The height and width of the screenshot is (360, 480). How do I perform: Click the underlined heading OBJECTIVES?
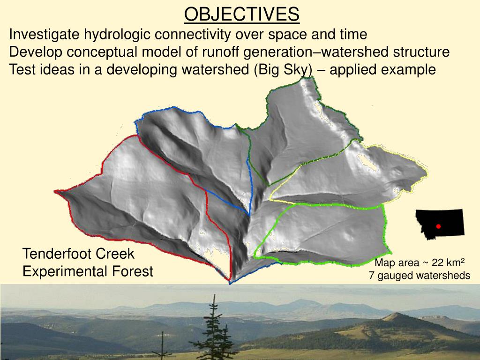pos(241,15)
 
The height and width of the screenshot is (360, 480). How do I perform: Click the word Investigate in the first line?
pos(45,34)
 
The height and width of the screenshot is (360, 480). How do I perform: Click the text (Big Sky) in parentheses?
pos(283,70)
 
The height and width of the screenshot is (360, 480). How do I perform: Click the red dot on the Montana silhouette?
pos(438,226)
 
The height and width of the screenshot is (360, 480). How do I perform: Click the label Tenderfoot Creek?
pos(78,254)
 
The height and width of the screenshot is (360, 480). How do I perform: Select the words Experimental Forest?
pos(88,271)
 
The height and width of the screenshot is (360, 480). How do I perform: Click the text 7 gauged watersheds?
pos(419,276)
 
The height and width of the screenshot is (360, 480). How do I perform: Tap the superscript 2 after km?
pos(462,260)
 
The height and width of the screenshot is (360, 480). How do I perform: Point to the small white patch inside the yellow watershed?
pos(368,165)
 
